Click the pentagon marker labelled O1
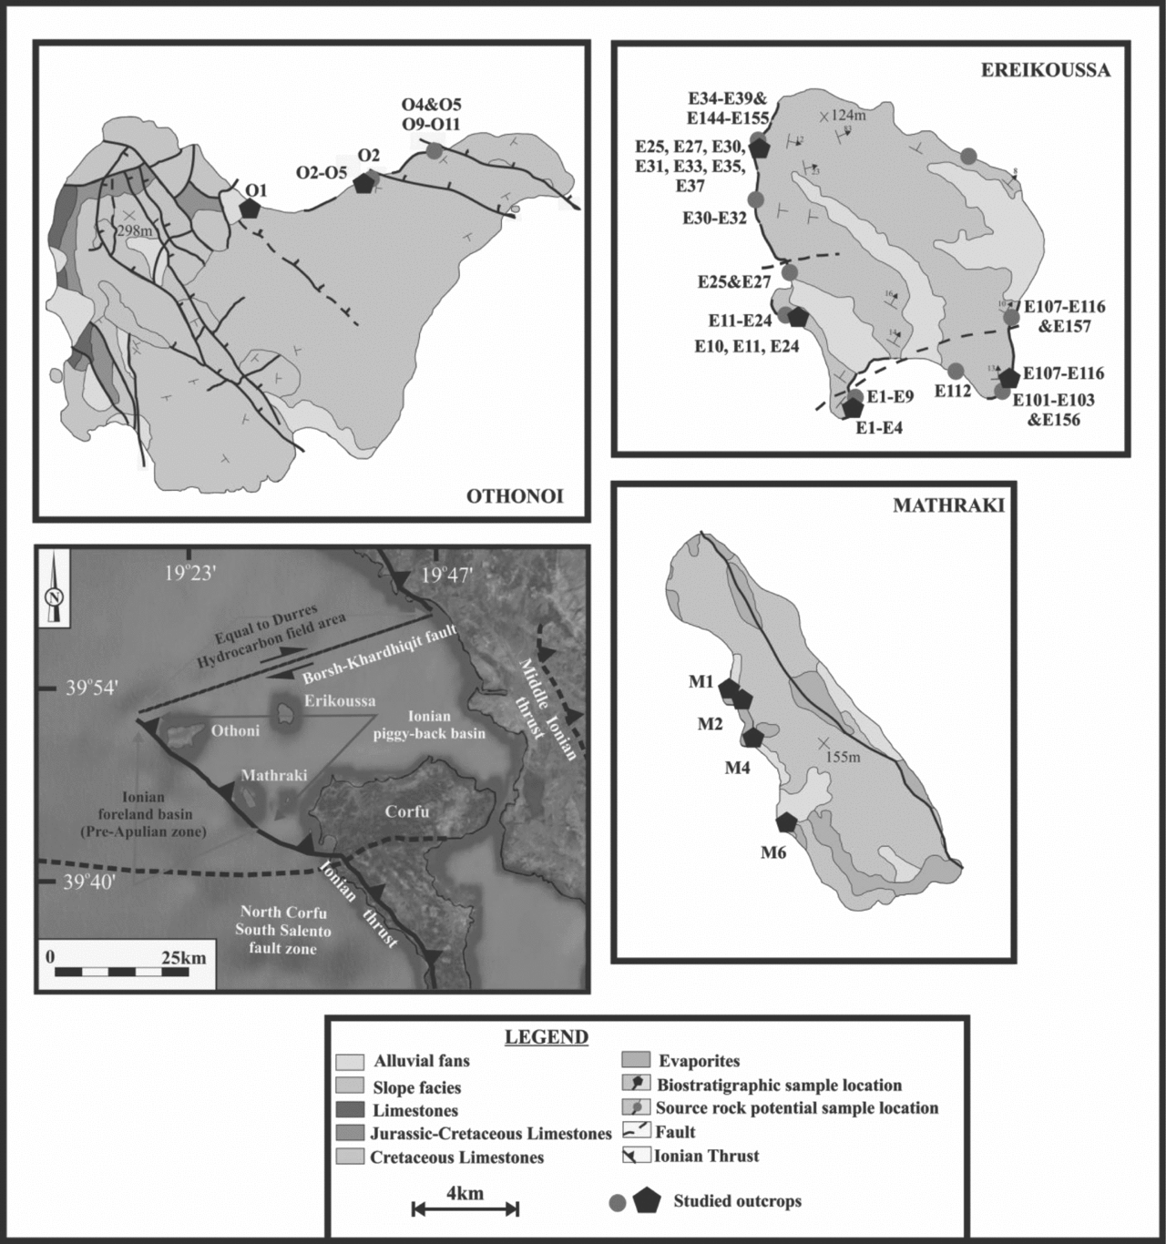(249, 208)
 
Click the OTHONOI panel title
(515, 496)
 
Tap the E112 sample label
(953, 391)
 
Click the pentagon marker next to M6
(786, 822)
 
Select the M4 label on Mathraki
(737, 768)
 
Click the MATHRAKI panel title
(948, 506)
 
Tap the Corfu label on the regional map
(406, 811)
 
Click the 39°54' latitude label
(89, 689)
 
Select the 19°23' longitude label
(189, 575)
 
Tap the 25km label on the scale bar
(184, 958)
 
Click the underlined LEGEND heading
(547, 1037)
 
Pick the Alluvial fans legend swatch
(350, 1062)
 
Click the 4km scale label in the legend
(465, 1193)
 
